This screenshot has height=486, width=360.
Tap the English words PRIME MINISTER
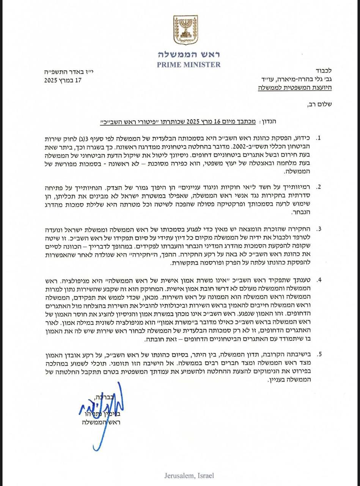pyautogui.click(x=189, y=65)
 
